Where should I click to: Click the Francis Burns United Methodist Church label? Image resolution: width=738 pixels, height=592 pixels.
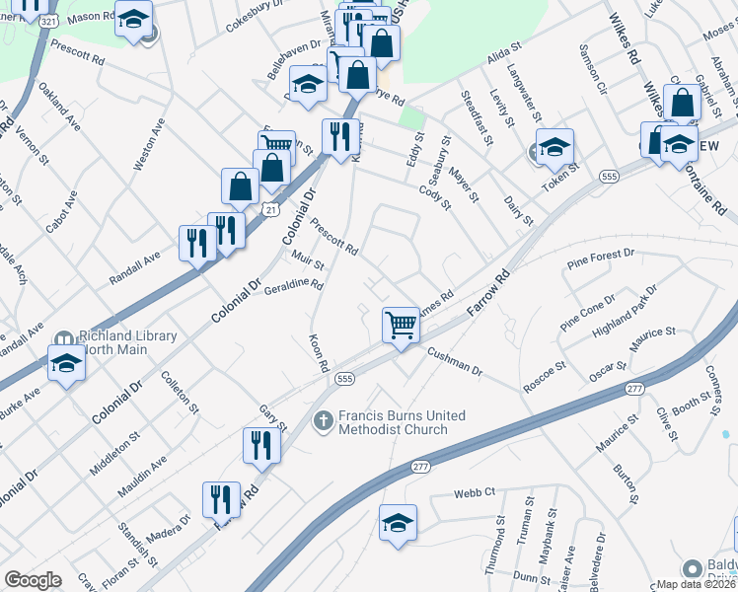(393, 422)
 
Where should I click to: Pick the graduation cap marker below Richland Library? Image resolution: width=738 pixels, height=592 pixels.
(66, 362)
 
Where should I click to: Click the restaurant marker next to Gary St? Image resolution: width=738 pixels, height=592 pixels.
(261, 444)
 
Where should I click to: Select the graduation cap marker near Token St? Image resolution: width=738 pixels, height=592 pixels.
(554, 146)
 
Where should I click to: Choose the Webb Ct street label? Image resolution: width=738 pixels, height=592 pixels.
(474, 492)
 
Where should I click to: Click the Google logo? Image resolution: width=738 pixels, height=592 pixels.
(33, 580)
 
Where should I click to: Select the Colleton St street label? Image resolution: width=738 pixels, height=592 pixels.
(180, 392)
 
